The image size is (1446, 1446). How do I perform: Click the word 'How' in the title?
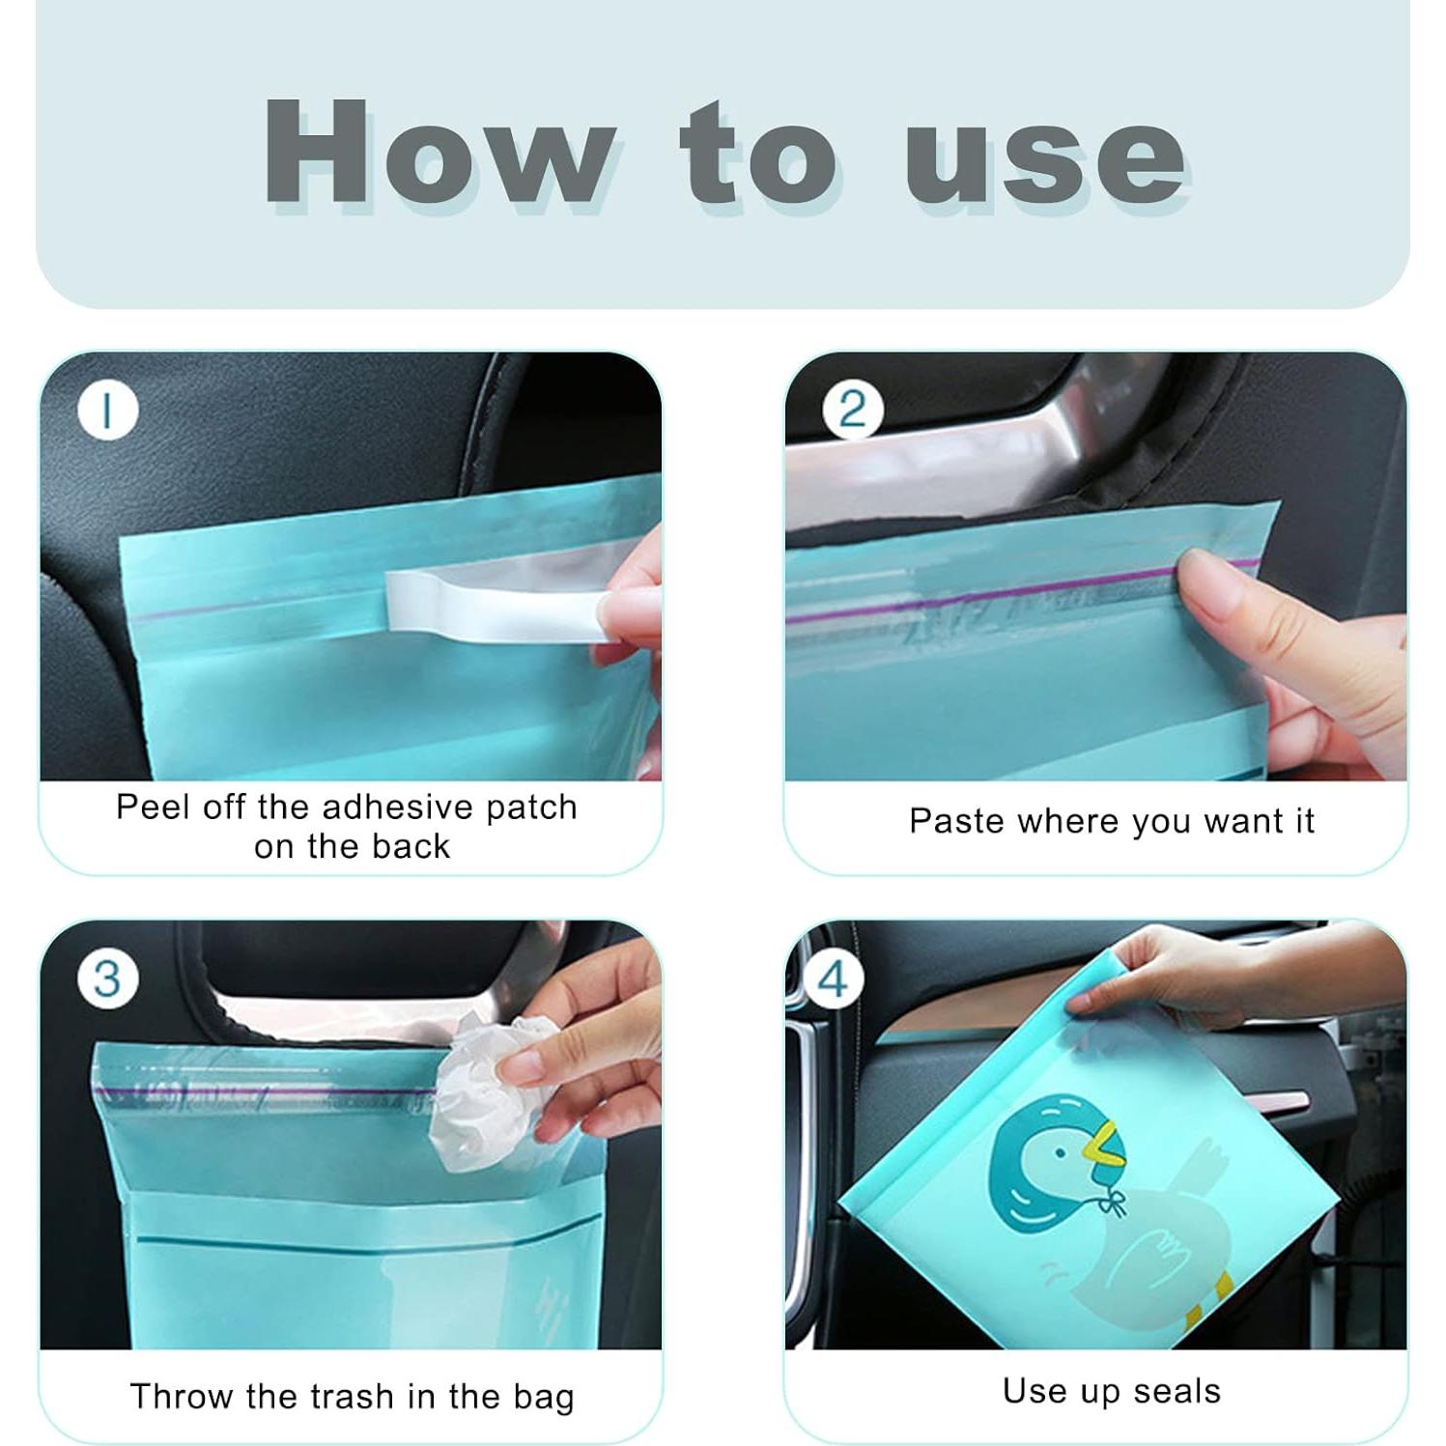tap(439, 152)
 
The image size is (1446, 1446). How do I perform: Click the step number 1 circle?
tap(108, 411)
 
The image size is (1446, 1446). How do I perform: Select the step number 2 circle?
tap(852, 410)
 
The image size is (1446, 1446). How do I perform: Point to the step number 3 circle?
tap(108, 978)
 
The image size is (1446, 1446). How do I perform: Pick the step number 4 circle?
tap(833, 978)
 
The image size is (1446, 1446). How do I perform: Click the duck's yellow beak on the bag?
tap(1102, 1144)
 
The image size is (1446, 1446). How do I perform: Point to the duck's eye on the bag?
tap(1062, 1152)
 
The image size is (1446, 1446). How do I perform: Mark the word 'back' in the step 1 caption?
tap(411, 846)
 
